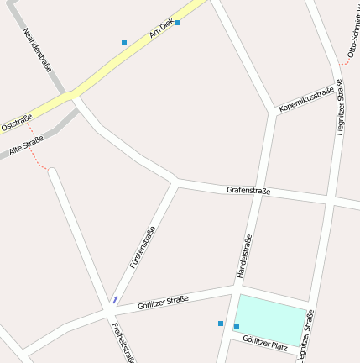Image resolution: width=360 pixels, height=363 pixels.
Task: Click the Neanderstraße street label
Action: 39,50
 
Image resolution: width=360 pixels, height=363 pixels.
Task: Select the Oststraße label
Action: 16,123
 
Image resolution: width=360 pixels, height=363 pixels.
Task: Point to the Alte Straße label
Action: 26,145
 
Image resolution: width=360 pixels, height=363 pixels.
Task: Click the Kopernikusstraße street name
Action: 306,99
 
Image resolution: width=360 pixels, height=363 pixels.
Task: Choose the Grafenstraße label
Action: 248,191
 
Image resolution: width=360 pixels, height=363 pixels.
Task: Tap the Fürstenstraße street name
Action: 143,248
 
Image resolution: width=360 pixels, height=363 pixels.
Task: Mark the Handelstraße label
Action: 244,256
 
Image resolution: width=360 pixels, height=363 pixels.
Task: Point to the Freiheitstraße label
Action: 123,340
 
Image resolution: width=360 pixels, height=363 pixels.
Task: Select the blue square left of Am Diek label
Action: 124,42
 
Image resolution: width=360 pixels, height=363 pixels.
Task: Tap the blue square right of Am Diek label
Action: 178,23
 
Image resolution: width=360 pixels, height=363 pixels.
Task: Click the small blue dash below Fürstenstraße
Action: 115,299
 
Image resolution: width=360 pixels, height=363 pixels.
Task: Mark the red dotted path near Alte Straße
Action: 36,151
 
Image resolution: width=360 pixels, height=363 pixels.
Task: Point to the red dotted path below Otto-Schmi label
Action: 345,62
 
